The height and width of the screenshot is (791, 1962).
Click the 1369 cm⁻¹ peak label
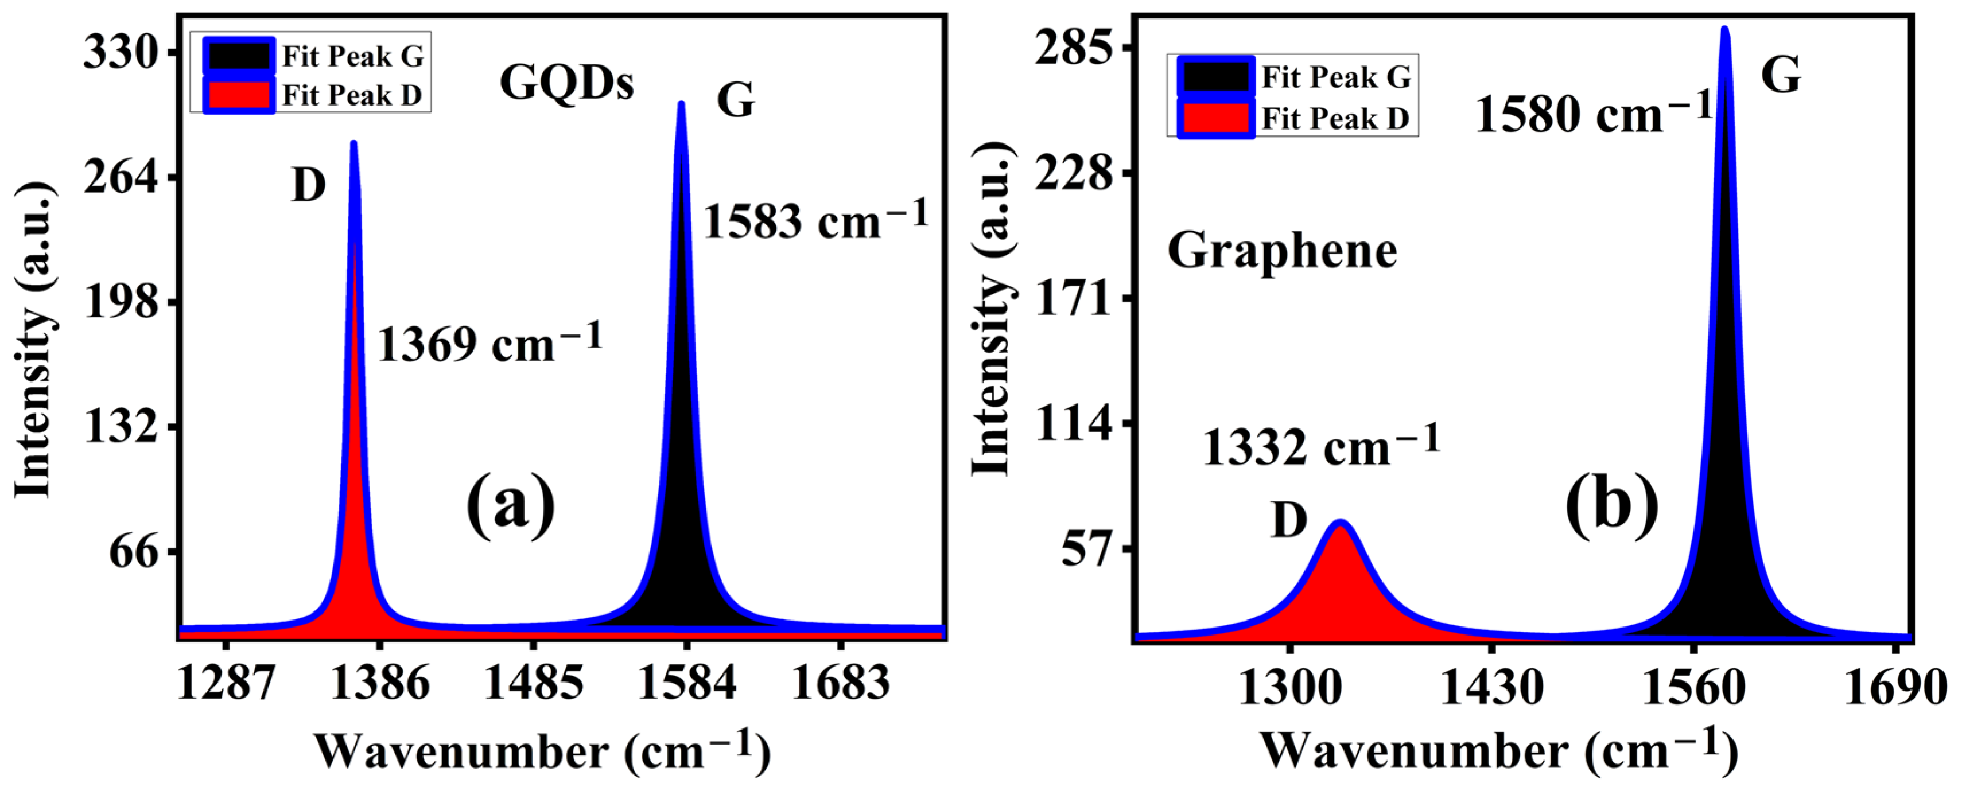tap(489, 344)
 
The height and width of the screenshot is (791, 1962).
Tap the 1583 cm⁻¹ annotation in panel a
tap(815, 221)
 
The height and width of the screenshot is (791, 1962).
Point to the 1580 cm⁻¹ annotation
tap(1594, 114)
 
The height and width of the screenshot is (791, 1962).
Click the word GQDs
tap(566, 82)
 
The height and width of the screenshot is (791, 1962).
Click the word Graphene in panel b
tap(1282, 251)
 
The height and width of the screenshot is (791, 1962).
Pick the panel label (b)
tap(1611, 505)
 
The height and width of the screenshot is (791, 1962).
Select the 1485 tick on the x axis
tap(533, 682)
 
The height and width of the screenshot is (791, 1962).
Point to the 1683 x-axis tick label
tap(840, 682)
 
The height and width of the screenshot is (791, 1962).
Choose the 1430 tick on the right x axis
tap(1491, 688)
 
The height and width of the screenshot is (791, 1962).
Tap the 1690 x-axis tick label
tap(1895, 688)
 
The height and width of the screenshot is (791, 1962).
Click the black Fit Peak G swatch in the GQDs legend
tap(238, 56)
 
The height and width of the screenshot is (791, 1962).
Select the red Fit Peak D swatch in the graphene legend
tap(1215, 119)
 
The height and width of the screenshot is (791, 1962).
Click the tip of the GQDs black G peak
tap(681, 105)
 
